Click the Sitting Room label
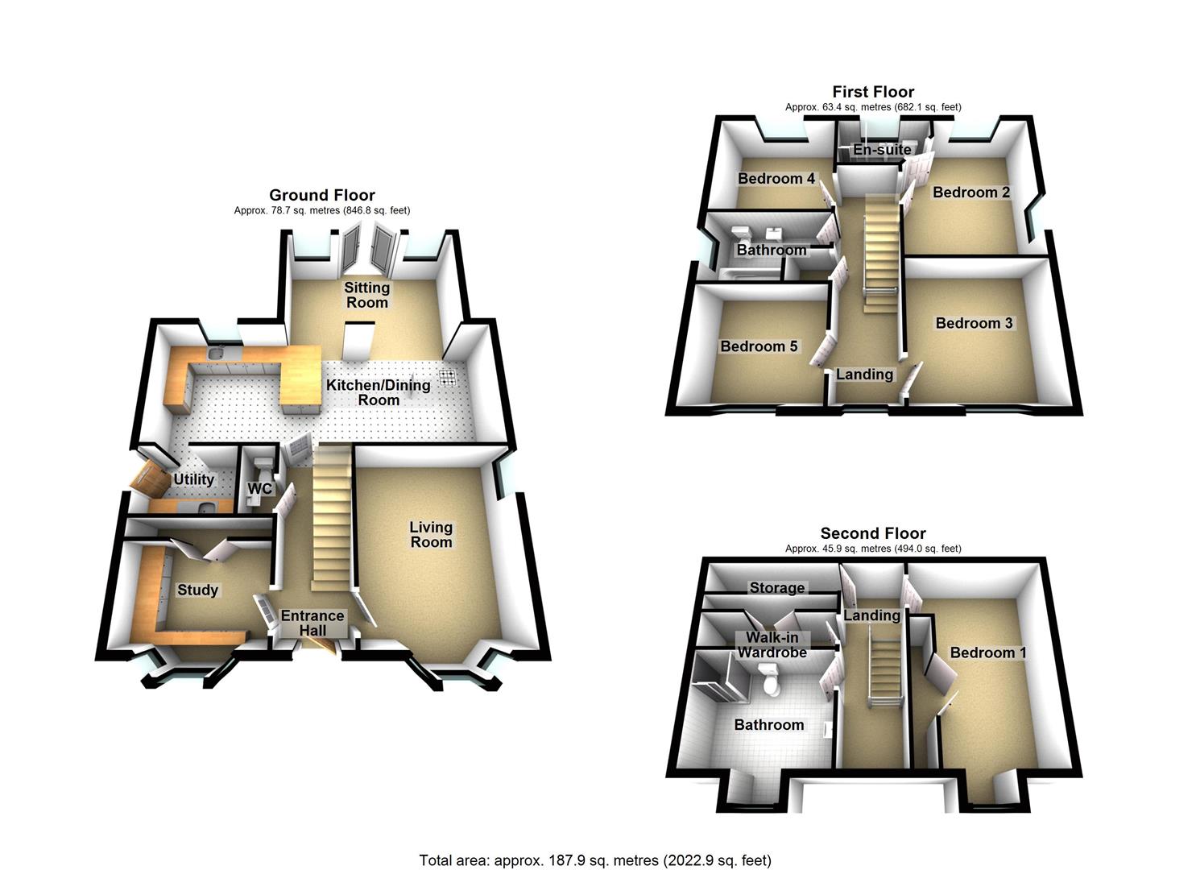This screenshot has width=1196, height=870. [x=366, y=295]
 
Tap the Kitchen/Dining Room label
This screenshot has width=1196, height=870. [x=378, y=392]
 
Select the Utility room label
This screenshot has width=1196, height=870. [x=194, y=479]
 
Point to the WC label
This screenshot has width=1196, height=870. [x=259, y=489]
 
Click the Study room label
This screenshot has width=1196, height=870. [x=197, y=590]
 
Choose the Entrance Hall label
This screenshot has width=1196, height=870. [x=312, y=623]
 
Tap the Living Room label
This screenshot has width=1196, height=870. [x=431, y=534]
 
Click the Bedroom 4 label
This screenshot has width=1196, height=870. [x=776, y=178]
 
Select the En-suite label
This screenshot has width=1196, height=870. [x=882, y=150]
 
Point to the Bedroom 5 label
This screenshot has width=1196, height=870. [x=759, y=346]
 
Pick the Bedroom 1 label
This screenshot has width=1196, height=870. [x=988, y=652]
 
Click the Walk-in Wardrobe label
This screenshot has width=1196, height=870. [x=772, y=644]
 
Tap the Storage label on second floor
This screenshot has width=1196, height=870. [x=777, y=588]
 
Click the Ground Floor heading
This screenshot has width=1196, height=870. [x=321, y=195]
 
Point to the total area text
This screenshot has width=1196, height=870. [x=595, y=860]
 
